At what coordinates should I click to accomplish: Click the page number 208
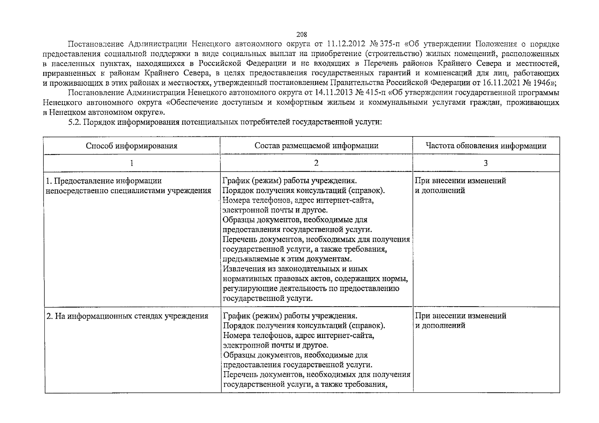pyautogui.click(x=302, y=35)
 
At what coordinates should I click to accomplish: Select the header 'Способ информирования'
pyautogui.click(x=132, y=146)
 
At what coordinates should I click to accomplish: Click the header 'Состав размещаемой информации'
pyautogui.click(x=316, y=146)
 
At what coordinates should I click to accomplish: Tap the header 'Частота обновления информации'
pyautogui.click(x=486, y=146)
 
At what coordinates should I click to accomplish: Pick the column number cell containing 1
pyautogui.click(x=132, y=163)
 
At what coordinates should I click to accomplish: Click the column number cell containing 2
pyautogui.click(x=316, y=163)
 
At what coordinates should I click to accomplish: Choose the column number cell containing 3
pyautogui.click(x=486, y=163)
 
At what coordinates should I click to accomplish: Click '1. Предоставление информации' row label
pyautogui.click(x=104, y=181)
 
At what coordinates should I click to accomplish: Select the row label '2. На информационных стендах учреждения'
pyautogui.click(x=127, y=316)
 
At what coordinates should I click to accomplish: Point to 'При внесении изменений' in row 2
pyautogui.click(x=460, y=316)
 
